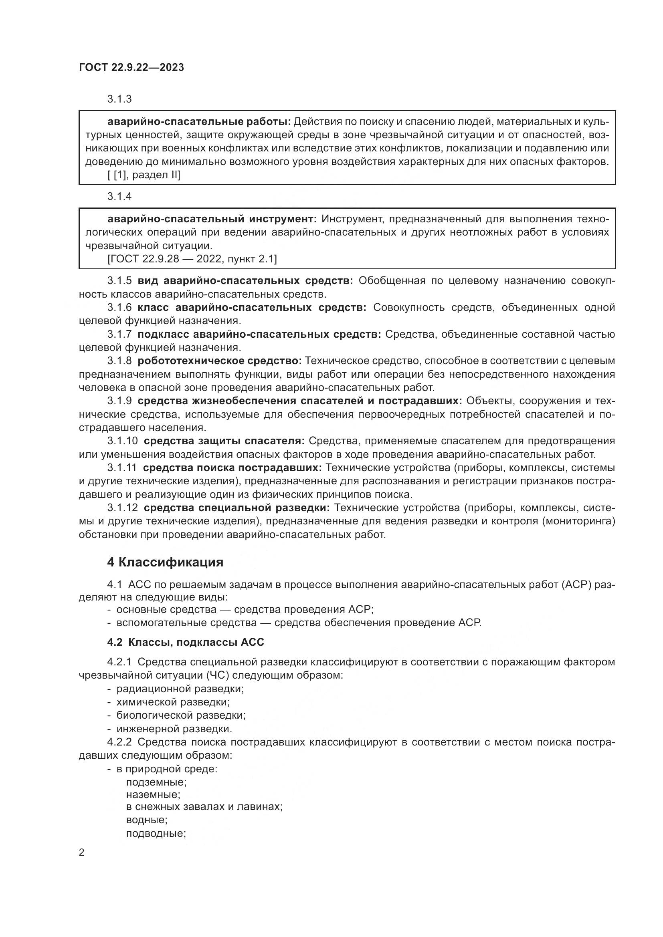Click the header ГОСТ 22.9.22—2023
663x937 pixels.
(131, 67)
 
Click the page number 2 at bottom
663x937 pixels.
(82, 852)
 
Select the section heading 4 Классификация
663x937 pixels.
(165, 562)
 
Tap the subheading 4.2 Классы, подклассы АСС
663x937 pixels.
(185, 642)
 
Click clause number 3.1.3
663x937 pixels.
(119, 99)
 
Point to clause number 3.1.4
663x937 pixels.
(119, 196)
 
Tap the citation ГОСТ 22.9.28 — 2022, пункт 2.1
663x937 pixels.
(192, 259)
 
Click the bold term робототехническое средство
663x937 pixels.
(219, 361)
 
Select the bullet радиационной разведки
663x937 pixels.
(180, 689)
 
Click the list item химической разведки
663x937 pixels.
(173, 702)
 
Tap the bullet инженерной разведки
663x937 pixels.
(174, 729)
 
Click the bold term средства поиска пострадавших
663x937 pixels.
(233, 467)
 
